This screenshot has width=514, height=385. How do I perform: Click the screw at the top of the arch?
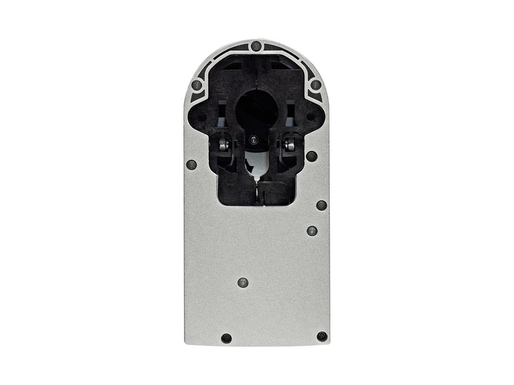point(256,45)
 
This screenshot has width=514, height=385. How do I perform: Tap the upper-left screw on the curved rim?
point(197,84)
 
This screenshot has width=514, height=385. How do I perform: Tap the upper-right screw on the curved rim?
point(316,84)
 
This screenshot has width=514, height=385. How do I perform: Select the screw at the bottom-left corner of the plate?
point(226,338)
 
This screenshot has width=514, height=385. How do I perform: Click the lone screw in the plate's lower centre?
point(243,282)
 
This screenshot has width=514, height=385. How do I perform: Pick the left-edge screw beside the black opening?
point(191,164)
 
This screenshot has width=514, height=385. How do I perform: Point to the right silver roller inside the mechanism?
point(290,145)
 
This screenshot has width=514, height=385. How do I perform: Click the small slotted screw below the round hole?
point(254,139)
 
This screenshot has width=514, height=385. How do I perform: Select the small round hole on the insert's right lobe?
point(317,115)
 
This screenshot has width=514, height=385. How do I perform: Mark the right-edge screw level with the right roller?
point(311,155)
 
